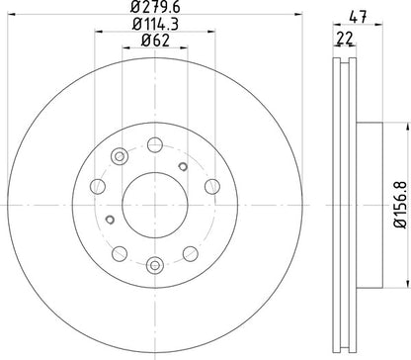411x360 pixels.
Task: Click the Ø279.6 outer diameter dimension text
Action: (154, 12)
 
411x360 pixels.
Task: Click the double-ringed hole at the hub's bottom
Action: (155, 264)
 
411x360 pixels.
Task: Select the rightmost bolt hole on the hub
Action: (211, 185)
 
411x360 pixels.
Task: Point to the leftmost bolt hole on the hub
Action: (99, 185)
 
